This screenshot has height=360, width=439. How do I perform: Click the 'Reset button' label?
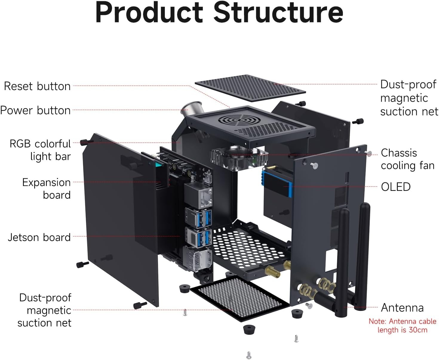click(x=37, y=86)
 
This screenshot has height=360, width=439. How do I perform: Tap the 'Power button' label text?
click(x=35, y=110)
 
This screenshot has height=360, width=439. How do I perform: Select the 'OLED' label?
click(x=396, y=187)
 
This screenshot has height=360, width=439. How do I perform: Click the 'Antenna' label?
click(x=402, y=308)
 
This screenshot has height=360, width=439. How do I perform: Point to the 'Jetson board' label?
click(x=39, y=237)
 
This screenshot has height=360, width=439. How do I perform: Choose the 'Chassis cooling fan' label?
click(x=408, y=159)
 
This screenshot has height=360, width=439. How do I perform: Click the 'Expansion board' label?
click(x=46, y=189)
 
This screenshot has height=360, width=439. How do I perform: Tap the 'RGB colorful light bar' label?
click(x=40, y=150)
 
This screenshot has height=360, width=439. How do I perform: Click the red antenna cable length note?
click(x=402, y=326)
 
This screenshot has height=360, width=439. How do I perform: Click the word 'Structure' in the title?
click(x=278, y=13)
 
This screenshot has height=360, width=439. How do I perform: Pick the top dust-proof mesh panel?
click(x=250, y=88)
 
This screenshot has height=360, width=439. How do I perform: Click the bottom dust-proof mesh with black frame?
click(x=240, y=299)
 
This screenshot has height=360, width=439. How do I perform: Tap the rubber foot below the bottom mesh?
click(x=249, y=330)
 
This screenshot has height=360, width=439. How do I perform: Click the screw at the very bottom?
click(x=249, y=355)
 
